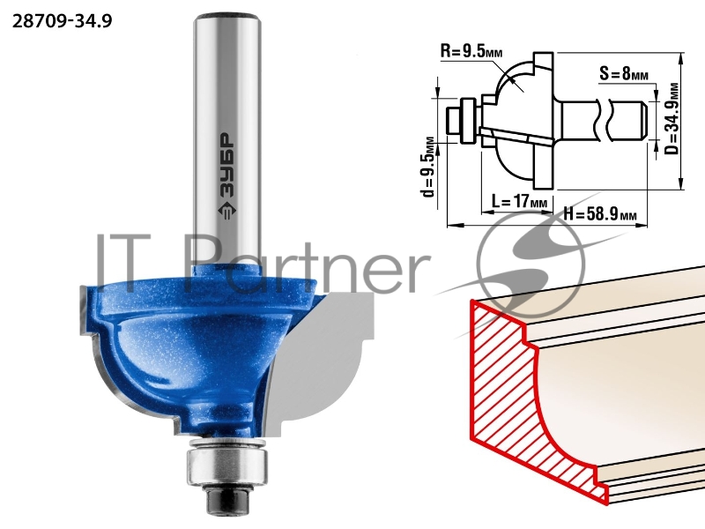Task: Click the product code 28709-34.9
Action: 62,21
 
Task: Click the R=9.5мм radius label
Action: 471,51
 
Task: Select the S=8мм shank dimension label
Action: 624,73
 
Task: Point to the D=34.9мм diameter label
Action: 672,118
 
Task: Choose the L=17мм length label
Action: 520,201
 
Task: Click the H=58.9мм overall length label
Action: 600,214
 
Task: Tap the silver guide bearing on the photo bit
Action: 227,465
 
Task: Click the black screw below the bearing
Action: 227,499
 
